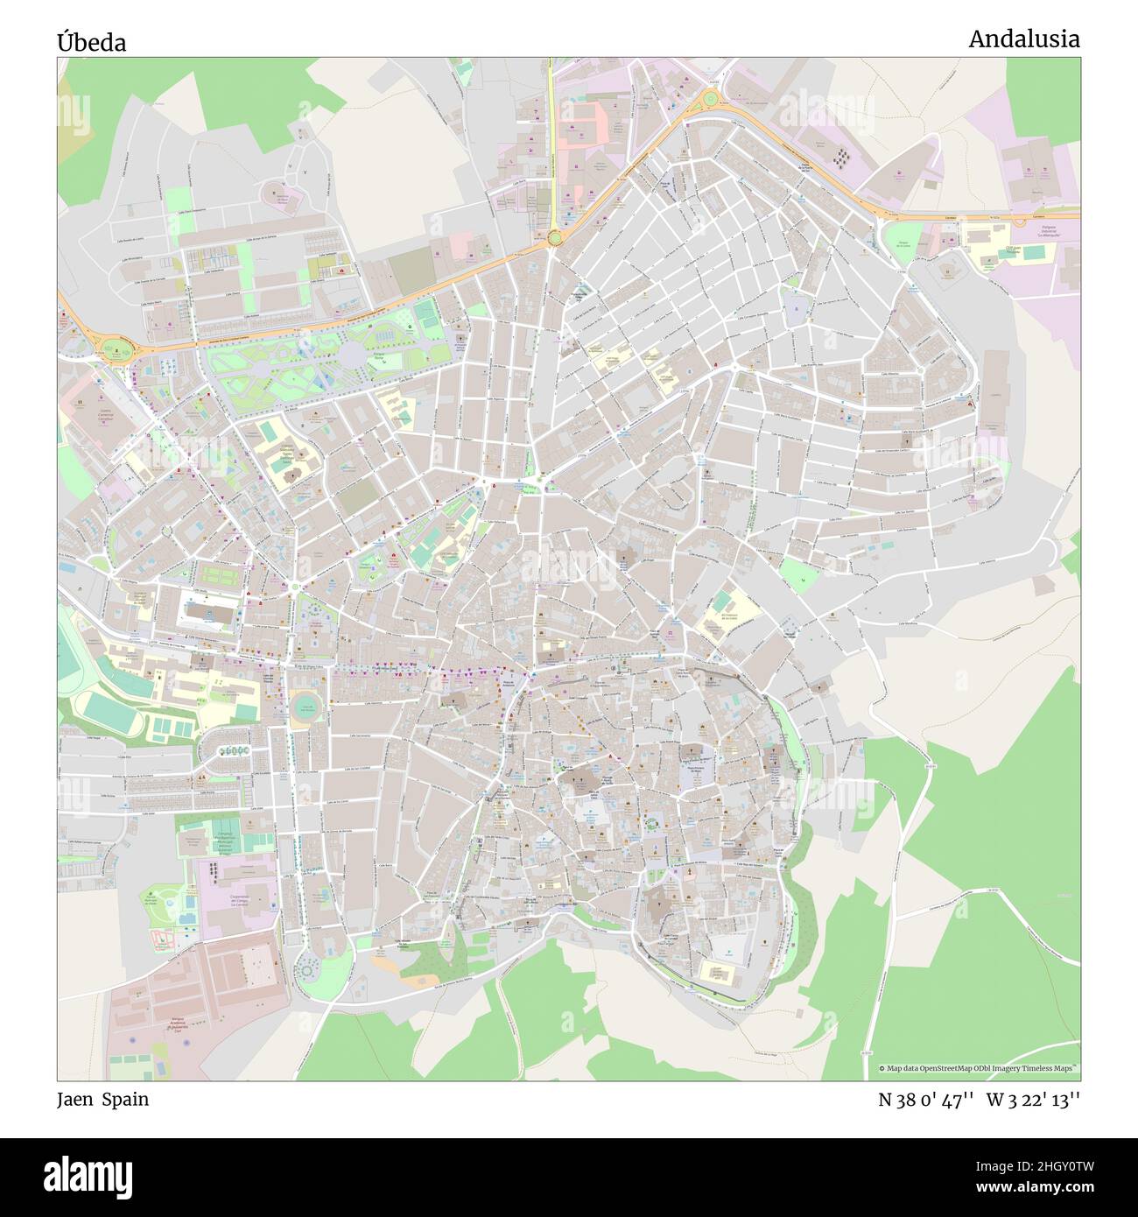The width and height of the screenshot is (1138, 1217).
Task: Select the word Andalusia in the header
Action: (x=1023, y=39)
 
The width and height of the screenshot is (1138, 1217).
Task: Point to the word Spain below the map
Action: (x=125, y=1100)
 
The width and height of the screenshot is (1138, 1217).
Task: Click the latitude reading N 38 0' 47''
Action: (x=927, y=1100)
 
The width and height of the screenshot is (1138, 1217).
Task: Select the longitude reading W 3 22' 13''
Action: (x=1033, y=1100)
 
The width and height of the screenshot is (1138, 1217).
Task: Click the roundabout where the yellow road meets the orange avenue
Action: (x=553, y=236)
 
